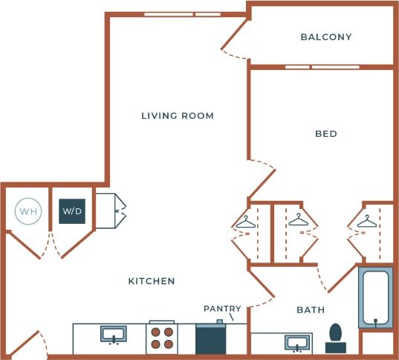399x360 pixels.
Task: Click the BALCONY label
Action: pos(325,36)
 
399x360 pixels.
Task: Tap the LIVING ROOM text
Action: pos(178,115)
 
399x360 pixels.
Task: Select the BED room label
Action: pos(325,134)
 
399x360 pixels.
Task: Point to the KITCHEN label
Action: pos(152,281)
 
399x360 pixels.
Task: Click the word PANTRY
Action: pos(222,308)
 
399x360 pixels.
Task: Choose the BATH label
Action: pos(310,309)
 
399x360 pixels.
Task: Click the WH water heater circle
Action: pos(27,212)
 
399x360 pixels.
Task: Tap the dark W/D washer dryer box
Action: pos(72,212)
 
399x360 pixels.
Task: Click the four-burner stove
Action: pos(163,338)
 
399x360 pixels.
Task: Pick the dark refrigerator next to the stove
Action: pos(210,338)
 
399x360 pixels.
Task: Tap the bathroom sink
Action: pos(297,343)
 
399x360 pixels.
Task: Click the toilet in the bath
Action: pos(335,338)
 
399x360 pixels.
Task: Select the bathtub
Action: pos(377,298)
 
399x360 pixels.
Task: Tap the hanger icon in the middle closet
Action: pos(298,219)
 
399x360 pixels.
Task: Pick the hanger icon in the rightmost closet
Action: pos(366,221)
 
